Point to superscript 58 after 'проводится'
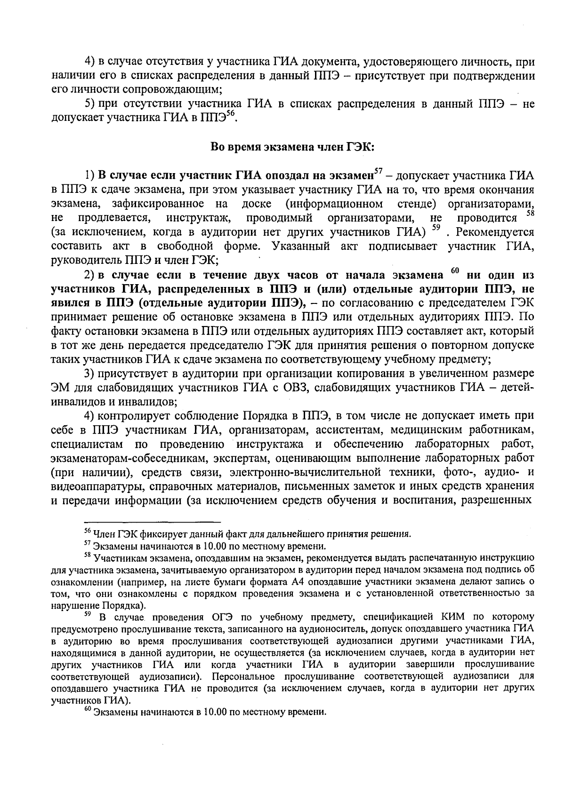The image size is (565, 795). click(530, 214)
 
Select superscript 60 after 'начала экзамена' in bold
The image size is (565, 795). click(454, 270)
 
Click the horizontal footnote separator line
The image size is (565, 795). click(153, 522)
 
